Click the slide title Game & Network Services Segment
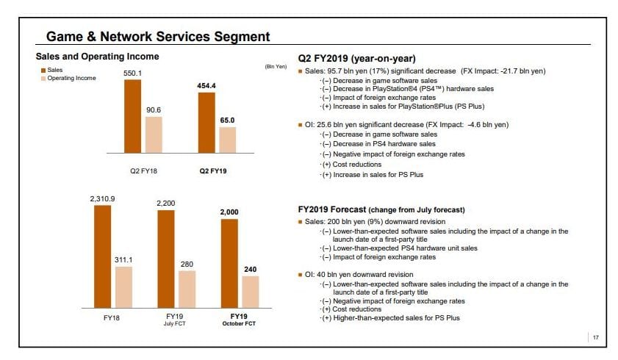pos(158,36)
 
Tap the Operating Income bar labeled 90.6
pos(153,134)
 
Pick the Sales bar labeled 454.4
pos(206,123)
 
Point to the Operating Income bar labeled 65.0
pos(228,140)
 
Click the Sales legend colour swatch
pos(43,70)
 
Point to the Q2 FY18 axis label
pos(143,170)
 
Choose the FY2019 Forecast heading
pos(381,209)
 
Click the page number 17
pos(596,337)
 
